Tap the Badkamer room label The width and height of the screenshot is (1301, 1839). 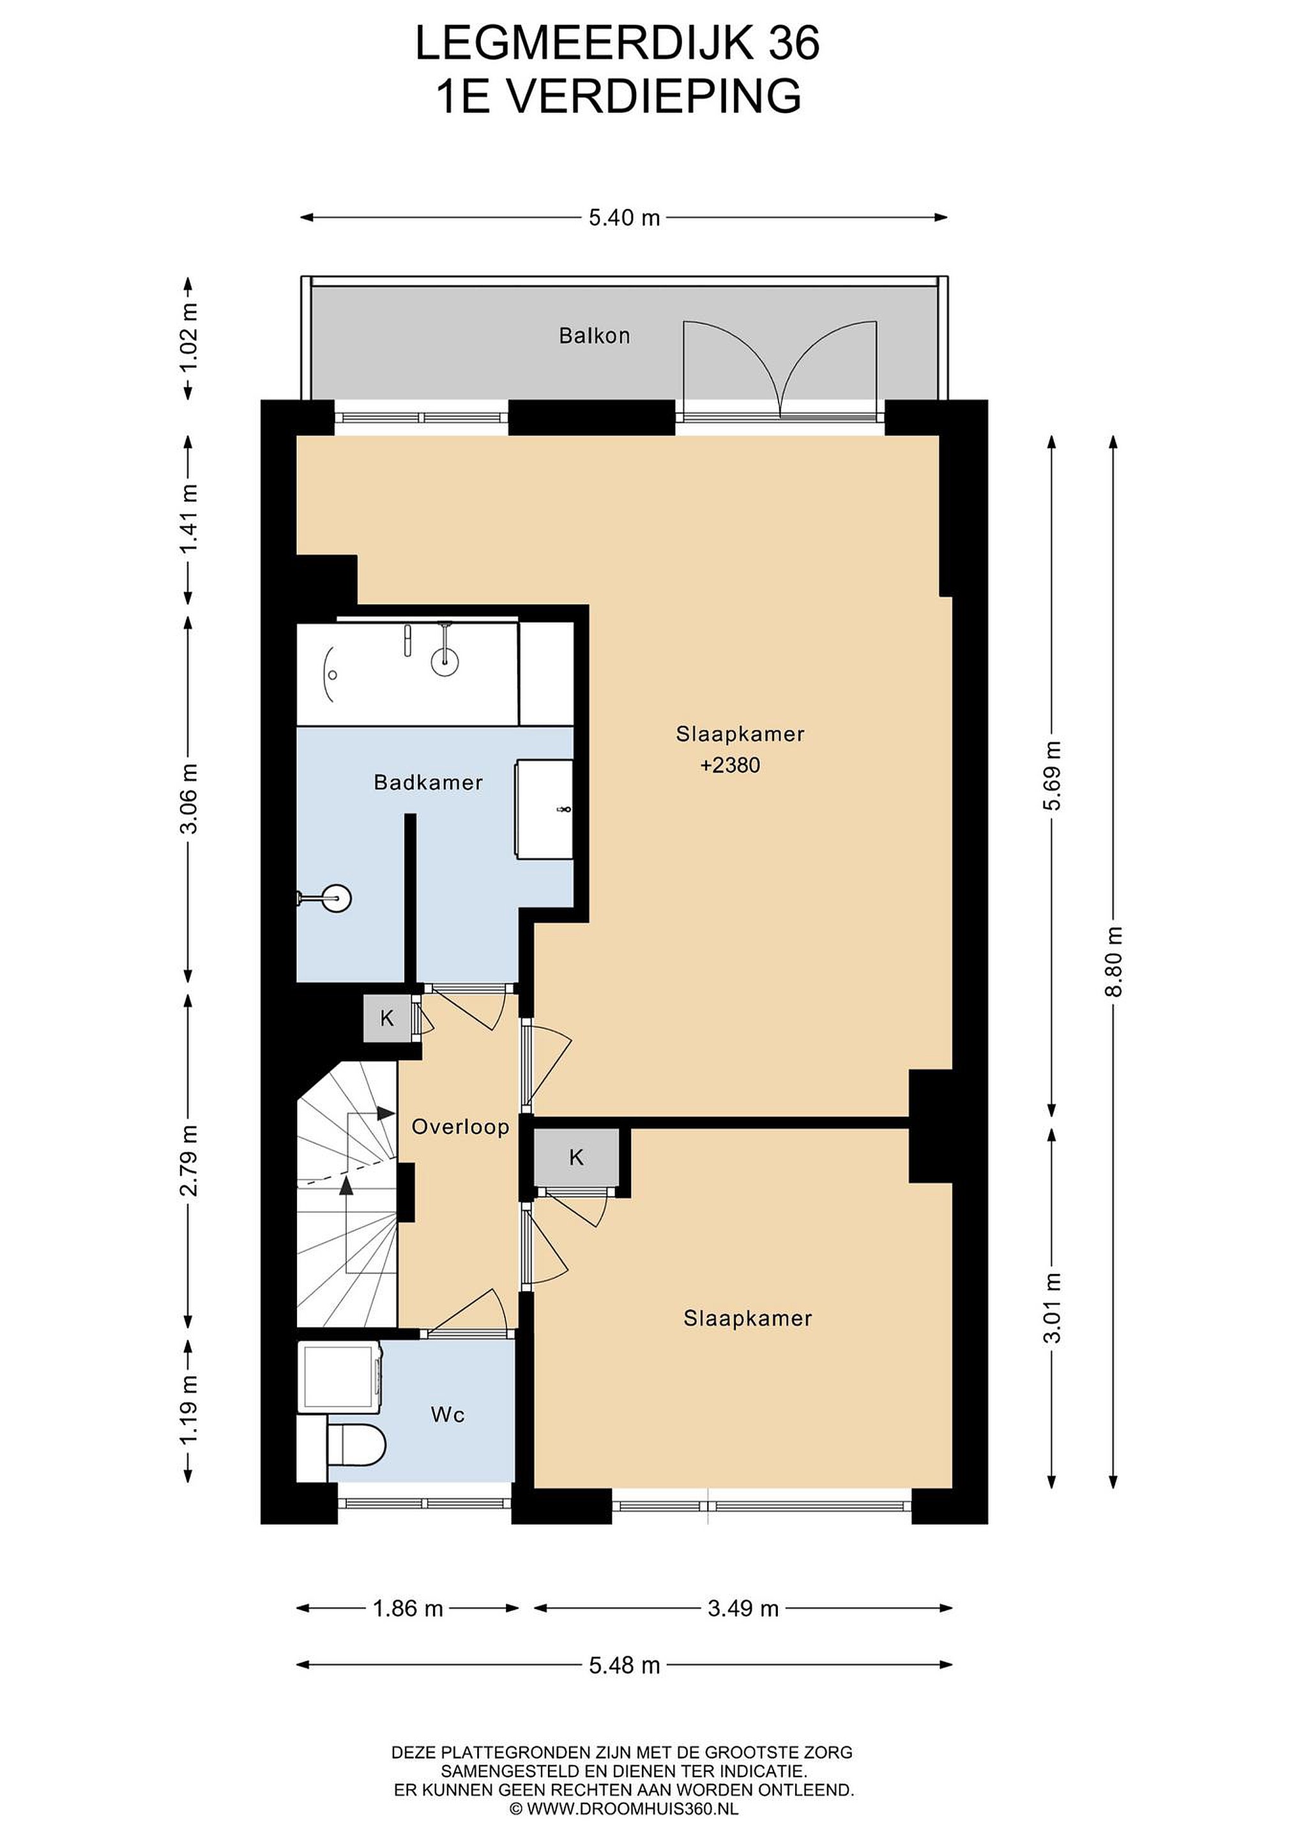[429, 783]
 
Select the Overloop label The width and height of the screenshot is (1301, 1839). [460, 1128]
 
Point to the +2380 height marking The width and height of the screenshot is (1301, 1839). [730, 766]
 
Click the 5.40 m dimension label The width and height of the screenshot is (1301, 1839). [624, 217]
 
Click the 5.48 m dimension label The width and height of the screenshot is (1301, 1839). [624, 1666]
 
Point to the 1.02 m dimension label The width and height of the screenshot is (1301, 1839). [189, 337]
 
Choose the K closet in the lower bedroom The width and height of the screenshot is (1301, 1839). [577, 1158]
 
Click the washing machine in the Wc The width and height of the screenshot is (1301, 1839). [340, 1377]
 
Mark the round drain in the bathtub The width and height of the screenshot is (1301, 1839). [333, 674]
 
